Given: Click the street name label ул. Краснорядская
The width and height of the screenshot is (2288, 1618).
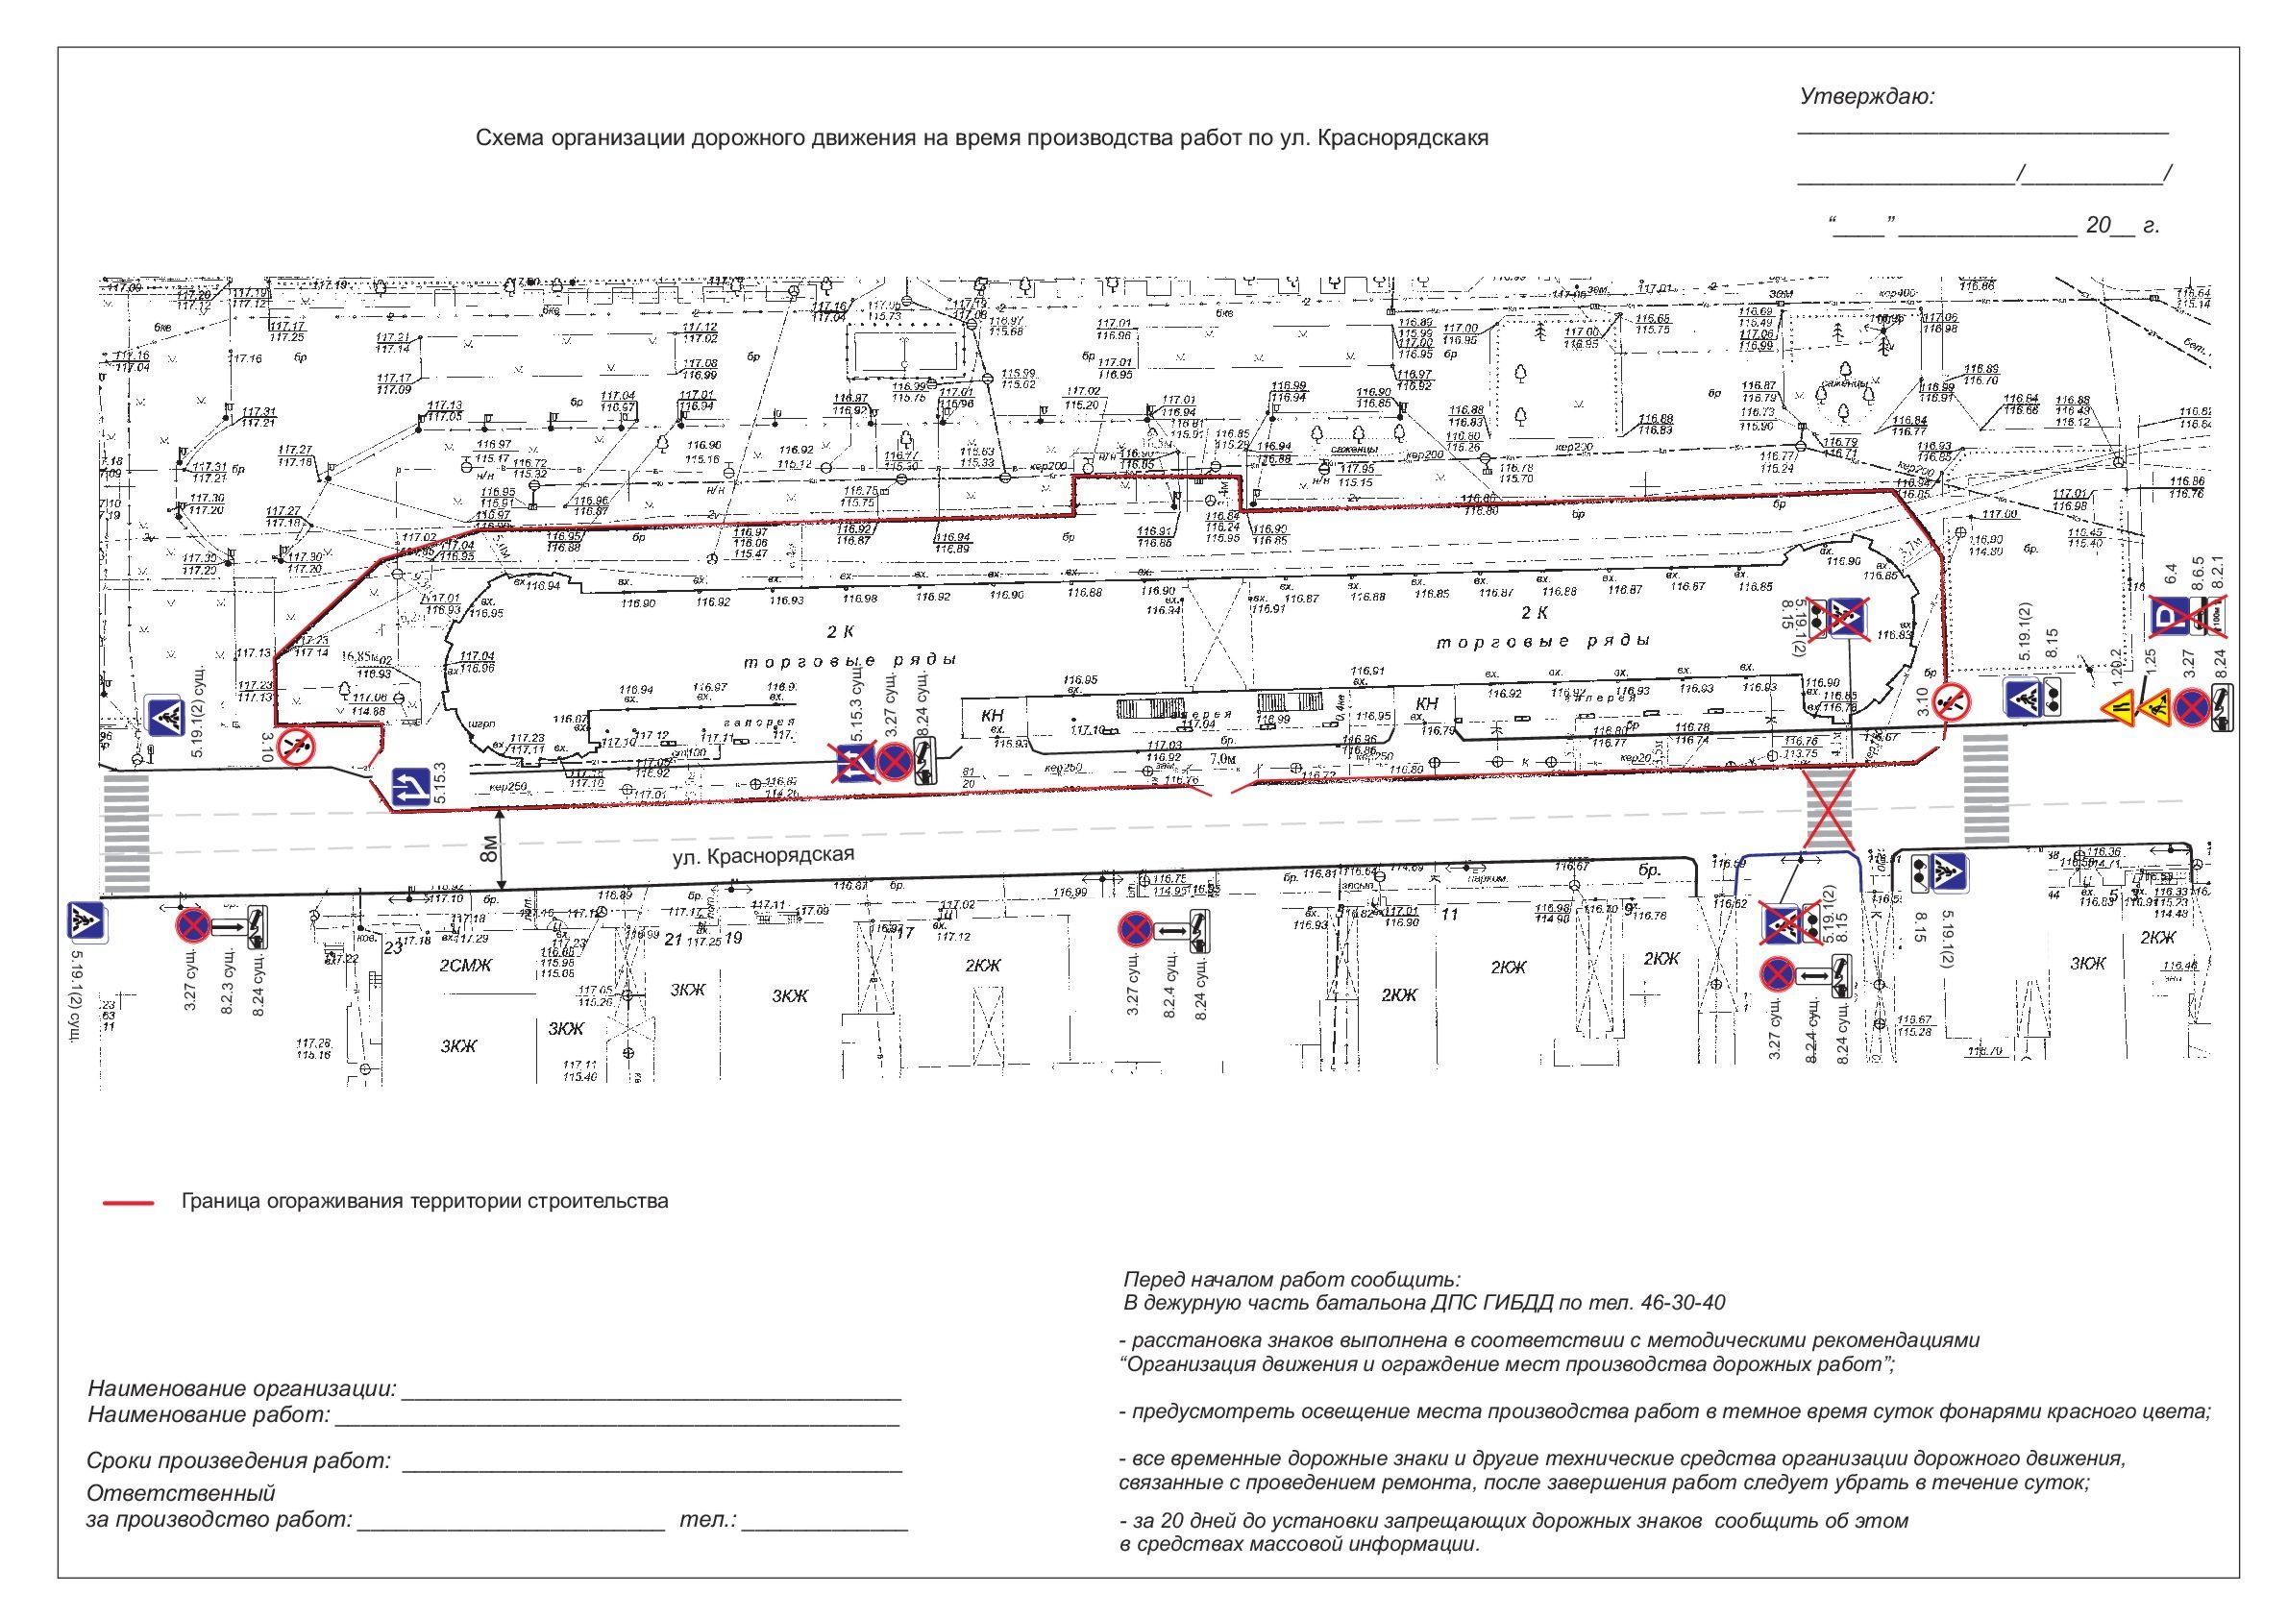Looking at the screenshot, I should pos(763,856).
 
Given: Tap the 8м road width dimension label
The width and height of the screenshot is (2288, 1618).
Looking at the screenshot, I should pos(488,848).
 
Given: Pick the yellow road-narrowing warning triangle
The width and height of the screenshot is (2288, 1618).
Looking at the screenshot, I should pos(2117,708).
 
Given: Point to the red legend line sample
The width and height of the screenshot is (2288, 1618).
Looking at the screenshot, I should pos(128,1203).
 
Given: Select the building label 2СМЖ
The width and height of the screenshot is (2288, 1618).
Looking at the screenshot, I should pos(466,965).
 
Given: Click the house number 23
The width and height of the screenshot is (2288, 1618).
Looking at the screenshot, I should pos(392,950).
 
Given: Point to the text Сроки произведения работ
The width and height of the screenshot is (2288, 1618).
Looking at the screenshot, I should pos(239,1461).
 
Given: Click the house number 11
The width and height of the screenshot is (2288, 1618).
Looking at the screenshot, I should pos(1450,914).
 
